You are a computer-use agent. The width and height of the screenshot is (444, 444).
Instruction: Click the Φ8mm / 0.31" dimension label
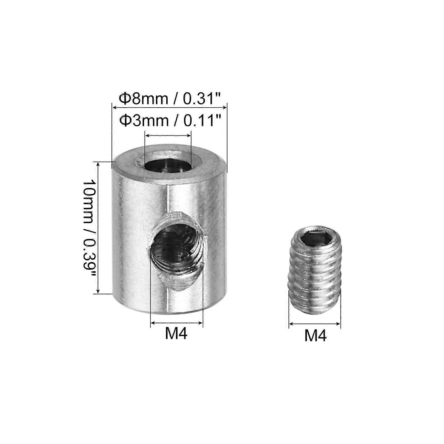click(170, 99)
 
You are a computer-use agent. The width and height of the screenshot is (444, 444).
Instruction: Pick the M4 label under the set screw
click(316, 336)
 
